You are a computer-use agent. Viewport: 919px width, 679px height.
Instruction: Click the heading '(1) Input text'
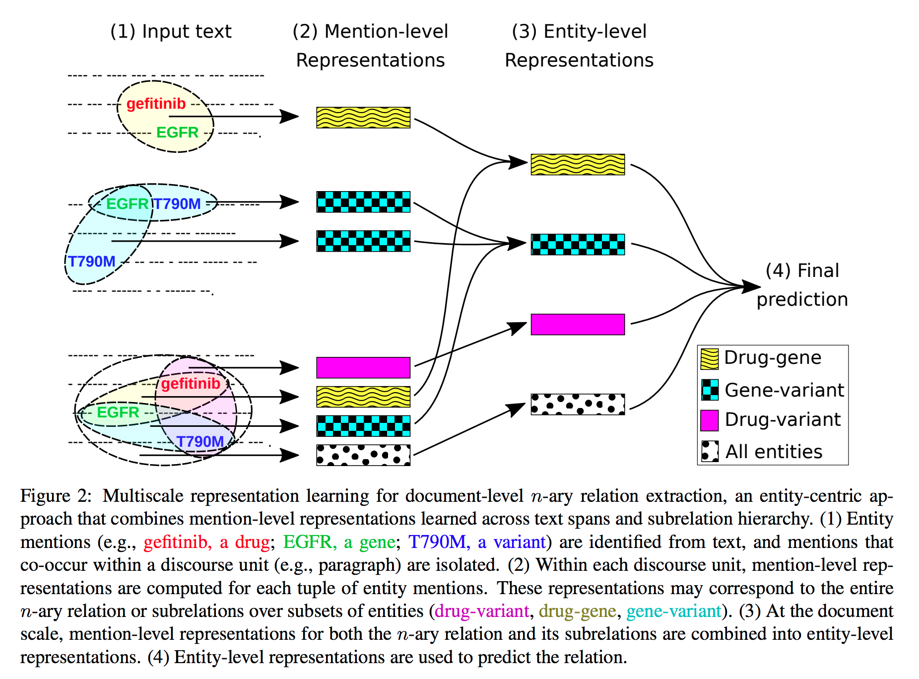coord(171,32)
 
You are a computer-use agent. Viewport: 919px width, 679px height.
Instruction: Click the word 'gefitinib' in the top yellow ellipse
coord(156,104)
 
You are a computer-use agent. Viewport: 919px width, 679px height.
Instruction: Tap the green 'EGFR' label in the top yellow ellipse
coord(177,133)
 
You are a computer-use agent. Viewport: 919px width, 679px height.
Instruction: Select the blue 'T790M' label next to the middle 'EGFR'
coord(177,204)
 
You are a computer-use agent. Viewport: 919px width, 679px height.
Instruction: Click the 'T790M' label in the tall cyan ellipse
coord(92,262)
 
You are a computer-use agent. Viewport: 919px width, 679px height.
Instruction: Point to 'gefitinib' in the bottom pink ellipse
coord(191,384)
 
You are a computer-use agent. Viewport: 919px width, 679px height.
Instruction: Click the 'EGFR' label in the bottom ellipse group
coord(118,412)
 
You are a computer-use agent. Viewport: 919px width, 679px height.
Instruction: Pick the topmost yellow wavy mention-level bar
coord(363,118)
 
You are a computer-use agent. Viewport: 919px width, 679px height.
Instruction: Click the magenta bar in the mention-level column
coord(363,368)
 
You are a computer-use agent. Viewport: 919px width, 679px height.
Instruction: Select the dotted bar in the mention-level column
coord(363,455)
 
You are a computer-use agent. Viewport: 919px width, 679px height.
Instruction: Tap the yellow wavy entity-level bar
coord(578,165)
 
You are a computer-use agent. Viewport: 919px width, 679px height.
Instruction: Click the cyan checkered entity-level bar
coord(578,245)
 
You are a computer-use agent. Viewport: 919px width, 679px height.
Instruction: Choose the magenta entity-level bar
coord(578,325)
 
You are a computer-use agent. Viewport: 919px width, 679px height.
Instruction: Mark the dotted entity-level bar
coord(578,405)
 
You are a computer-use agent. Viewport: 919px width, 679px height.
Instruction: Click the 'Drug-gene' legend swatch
coord(709,359)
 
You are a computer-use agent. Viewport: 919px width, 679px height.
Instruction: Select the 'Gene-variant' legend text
coord(784,391)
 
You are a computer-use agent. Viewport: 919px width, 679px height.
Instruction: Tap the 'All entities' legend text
coord(774,452)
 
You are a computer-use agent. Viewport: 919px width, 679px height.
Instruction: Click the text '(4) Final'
coord(802,271)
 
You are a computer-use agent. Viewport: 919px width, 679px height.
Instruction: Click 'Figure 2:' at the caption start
coord(56,496)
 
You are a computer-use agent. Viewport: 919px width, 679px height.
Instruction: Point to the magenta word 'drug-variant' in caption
coord(482,611)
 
